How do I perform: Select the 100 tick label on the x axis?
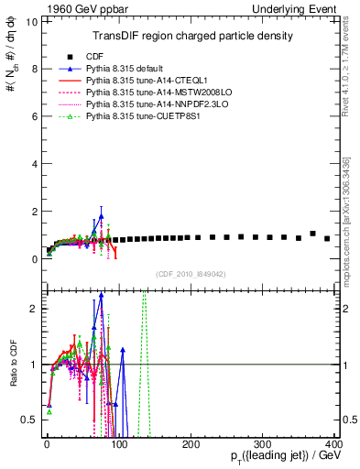tap(118, 444)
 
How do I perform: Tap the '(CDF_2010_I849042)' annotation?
tap(191, 273)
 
